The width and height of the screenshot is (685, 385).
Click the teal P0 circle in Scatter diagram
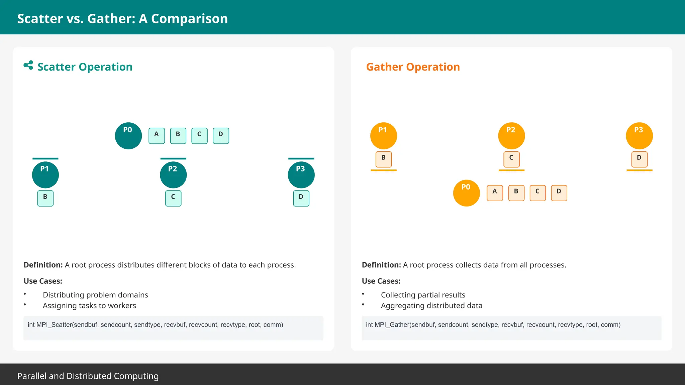tap(128, 136)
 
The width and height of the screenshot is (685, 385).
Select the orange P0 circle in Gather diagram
tap(466, 193)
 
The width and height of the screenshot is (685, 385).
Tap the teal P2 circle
tap(173, 175)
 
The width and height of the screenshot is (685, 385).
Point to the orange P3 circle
tap(639, 136)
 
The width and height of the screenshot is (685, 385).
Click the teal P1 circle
tap(45, 175)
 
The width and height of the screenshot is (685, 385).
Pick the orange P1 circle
tap(383, 136)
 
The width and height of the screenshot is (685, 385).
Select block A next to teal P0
tap(157, 136)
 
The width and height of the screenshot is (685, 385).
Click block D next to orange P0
tap(559, 193)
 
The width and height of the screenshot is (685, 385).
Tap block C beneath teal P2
tap(173, 198)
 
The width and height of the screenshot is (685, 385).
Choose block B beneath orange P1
tap(383, 159)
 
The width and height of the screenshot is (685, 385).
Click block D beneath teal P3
tap(301, 198)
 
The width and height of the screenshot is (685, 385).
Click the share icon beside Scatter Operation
tap(28, 65)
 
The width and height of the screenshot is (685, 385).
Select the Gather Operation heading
tap(413, 67)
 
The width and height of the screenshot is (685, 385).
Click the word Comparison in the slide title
tap(189, 19)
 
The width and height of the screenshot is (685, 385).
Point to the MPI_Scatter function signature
tap(155, 325)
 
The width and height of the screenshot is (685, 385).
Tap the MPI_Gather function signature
tap(493, 325)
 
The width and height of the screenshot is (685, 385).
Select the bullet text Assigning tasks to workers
tap(89, 305)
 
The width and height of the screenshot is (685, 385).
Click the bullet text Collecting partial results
tap(423, 295)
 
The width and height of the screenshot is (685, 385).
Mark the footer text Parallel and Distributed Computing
tap(88, 376)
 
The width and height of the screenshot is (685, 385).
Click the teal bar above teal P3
tap(301, 158)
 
